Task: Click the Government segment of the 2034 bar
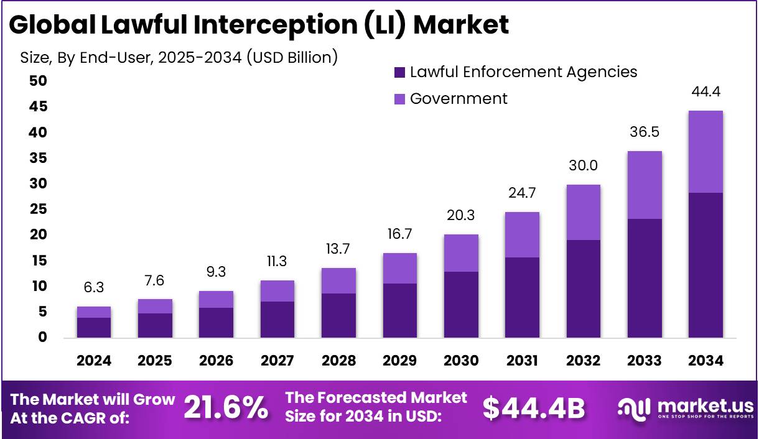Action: point(705,152)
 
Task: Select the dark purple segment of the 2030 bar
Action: point(461,305)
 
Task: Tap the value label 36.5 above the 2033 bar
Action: point(645,132)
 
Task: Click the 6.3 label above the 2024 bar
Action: point(94,289)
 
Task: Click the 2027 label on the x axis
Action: point(277,361)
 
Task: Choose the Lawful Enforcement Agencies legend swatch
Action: point(400,73)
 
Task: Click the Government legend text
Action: point(459,98)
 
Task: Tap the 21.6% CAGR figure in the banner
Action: point(226,409)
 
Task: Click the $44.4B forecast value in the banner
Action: point(534,409)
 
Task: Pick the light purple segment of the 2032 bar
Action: point(583,213)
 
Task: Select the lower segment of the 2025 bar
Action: point(155,325)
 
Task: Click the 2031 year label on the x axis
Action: point(522,361)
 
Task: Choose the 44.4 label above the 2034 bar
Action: point(705,92)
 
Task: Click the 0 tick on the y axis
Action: point(42,338)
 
